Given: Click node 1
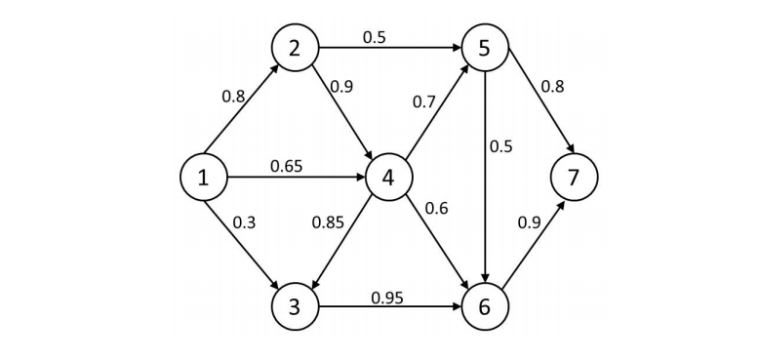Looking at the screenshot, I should coord(204,178).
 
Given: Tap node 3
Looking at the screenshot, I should coord(295,306).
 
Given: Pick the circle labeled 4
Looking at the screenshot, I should coord(388,178).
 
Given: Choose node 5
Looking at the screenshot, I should coord(485,47).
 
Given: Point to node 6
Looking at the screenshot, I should coord(485,306).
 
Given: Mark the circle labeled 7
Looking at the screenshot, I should coord(574,178).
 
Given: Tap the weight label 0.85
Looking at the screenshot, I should coord(328,222).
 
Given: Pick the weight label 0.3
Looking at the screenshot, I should coord(244,222).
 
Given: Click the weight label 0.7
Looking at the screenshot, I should coord(423,101).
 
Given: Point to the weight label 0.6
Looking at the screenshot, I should coord(435,209).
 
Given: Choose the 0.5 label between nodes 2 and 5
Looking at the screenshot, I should coord(374,37).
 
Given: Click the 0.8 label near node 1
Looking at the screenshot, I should coord(234,97).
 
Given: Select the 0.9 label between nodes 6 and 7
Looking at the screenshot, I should coord(529,222).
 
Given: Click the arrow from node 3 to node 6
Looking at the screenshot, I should coord(389,307).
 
